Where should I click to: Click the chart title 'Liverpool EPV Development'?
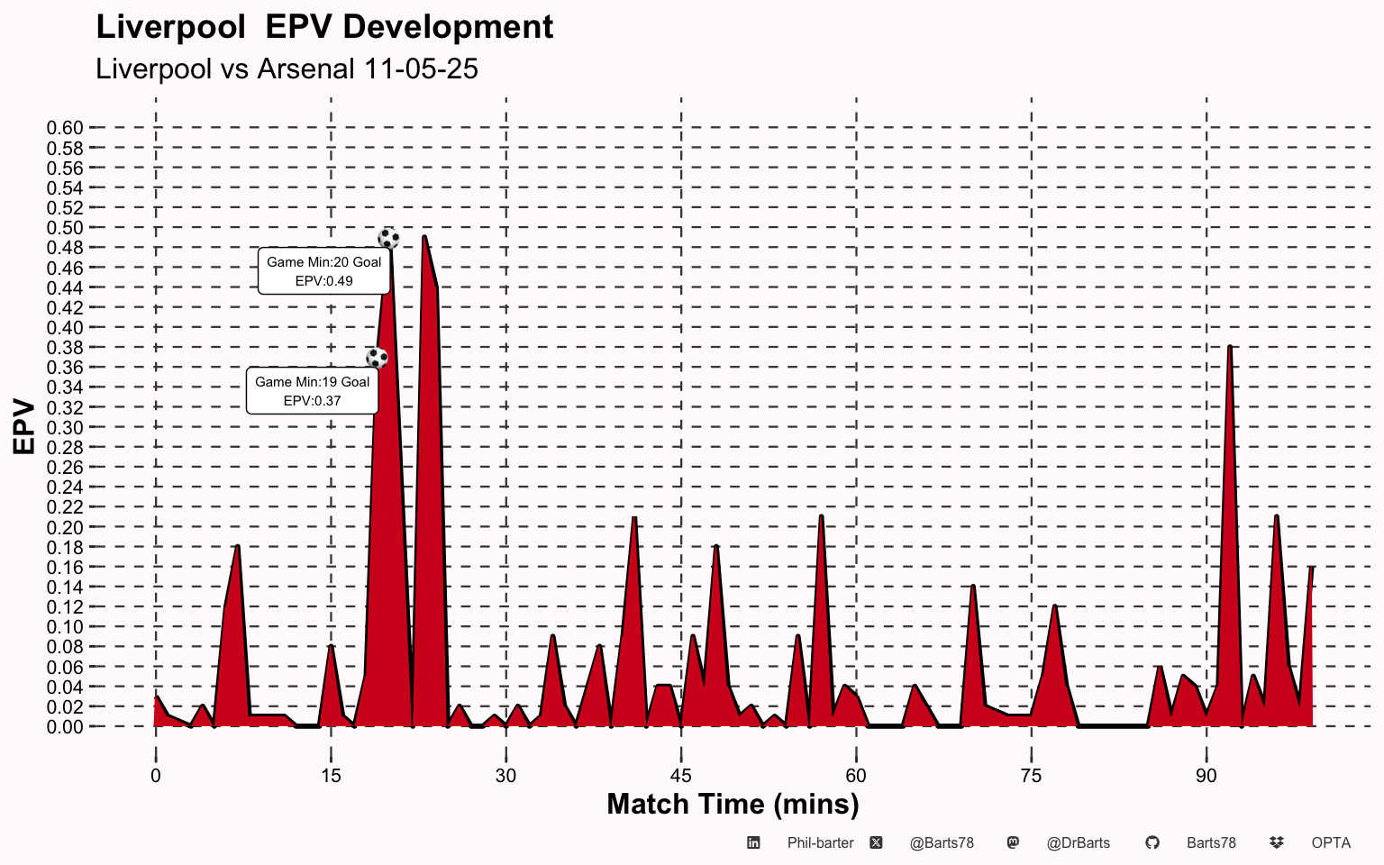(x=324, y=27)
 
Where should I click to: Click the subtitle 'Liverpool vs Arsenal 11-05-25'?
(x=287, y=68)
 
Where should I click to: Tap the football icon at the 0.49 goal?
(x=388, y=239)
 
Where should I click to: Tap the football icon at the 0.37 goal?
(x=377, y=358)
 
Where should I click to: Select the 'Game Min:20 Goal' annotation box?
(x=323, y=271)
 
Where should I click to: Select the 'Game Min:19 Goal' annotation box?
(x=312, y=391)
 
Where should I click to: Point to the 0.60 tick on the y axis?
(x=65, y=128)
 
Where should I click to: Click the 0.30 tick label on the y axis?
(x=65, y=428)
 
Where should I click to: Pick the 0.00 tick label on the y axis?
(x=65, y=727)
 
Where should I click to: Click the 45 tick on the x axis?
(x=681, y=776)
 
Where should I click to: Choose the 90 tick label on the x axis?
(x=1206, y=776)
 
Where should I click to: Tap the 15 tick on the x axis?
(x=331, y=776)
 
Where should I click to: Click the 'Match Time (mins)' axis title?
(x=733, y=804)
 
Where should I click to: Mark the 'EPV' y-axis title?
(x=23, y=427)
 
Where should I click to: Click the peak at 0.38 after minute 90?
(x=1230, y=347)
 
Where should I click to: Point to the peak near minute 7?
(x=237, y=546)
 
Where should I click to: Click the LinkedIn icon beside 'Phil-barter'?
(x=753, y=843)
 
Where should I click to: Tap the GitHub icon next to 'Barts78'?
(x=1152, y=843)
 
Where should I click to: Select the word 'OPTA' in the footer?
(x=1331, y=843)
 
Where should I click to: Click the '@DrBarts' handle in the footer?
(x=1078, y=843)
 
